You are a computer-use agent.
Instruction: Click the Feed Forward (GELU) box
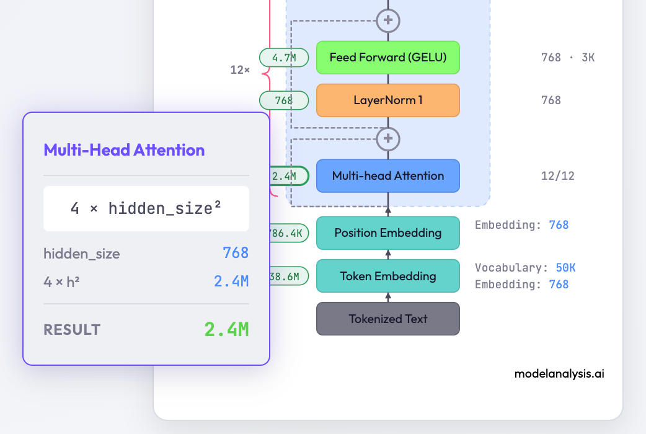387,58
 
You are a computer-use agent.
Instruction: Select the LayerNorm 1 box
387,100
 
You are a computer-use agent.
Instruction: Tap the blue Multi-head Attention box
387,175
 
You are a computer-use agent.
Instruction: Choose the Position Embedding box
387,233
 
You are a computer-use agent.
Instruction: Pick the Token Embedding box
387,276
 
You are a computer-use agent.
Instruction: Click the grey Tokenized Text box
387,319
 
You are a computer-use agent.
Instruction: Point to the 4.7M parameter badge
284,58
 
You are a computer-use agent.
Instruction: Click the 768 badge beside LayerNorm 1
284,100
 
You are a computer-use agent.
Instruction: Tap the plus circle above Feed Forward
388,20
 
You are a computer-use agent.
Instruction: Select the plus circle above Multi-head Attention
388,138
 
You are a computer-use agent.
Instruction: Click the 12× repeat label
240,70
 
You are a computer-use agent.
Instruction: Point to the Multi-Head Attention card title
124,150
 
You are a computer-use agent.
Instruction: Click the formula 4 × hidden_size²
146,209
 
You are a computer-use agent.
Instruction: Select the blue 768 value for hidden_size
236,253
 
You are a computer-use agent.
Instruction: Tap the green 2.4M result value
226,329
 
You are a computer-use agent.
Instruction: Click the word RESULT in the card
72,330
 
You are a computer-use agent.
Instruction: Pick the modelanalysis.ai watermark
559,374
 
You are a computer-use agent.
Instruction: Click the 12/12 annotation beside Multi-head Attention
558,176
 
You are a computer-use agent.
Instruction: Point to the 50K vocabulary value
565,268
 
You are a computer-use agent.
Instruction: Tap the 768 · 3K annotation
568,58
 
